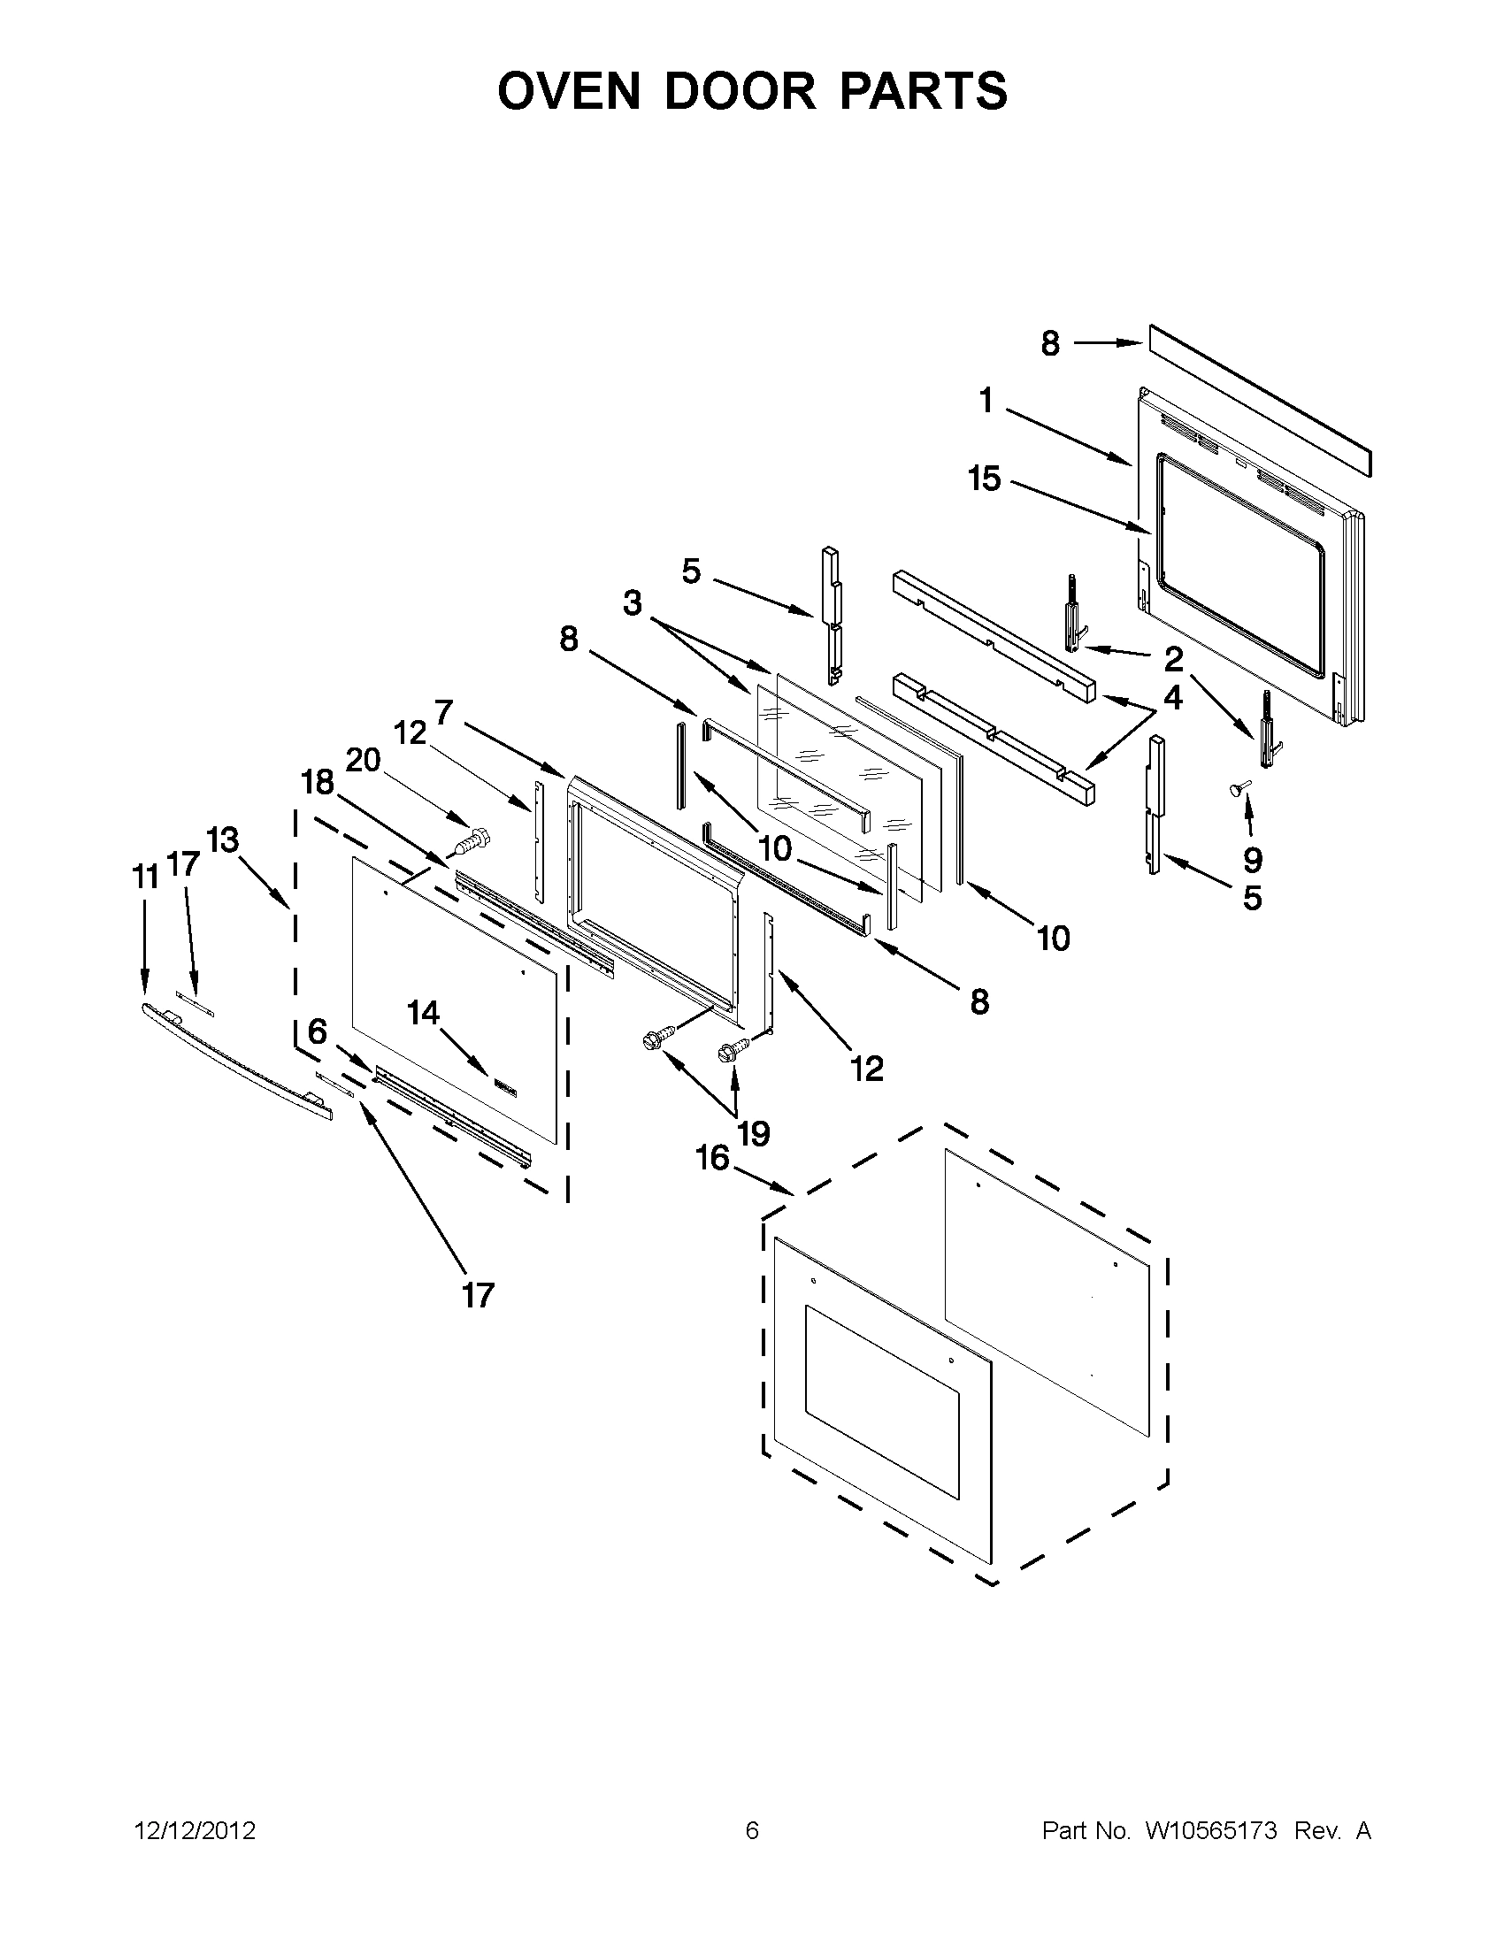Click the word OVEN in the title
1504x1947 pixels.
coord(569,91)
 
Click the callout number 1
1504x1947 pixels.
coord(986,402)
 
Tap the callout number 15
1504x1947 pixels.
coord(986,479)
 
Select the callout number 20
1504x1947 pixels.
coord(363,761)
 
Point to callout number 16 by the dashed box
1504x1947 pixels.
coord(713,1159)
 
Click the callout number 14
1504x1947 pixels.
coord(424,1013)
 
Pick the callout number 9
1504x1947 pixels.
coord(1253,860)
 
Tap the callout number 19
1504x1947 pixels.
coord(754,1134)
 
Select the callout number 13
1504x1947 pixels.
coord(223,839)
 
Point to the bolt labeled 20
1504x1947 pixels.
coord(472,839)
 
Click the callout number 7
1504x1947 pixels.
coord(443,712)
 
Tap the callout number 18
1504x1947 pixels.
coord(317,783)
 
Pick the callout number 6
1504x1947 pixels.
coord(318,1031)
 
